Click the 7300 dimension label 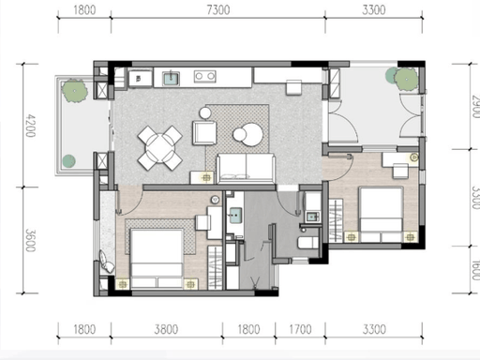click(x=218, y=10)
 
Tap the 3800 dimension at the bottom click(x=166, y=329)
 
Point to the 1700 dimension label click(x=300, y=329)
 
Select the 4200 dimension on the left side click(x=30, y=126)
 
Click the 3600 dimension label click(x=30, y=241)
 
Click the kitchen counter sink click(x=171, y=78)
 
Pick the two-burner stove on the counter click(x=204, y=76)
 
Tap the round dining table click(x=160, y=148)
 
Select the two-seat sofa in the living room click(x=246, y=168)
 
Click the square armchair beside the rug click(x=204, y=133)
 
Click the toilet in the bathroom click(x=307, y=243)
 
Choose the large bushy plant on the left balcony click(x=74, y=91)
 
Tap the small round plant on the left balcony click(x=68, y=161)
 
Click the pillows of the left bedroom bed click(x=157, y=282)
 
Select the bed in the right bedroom click(x=381, y=215)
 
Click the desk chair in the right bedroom click(x=400, y=172)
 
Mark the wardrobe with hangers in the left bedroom click(x=215, y=267)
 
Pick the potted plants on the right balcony click(x=401, y=78)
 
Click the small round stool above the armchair click(x=205, y=112)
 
